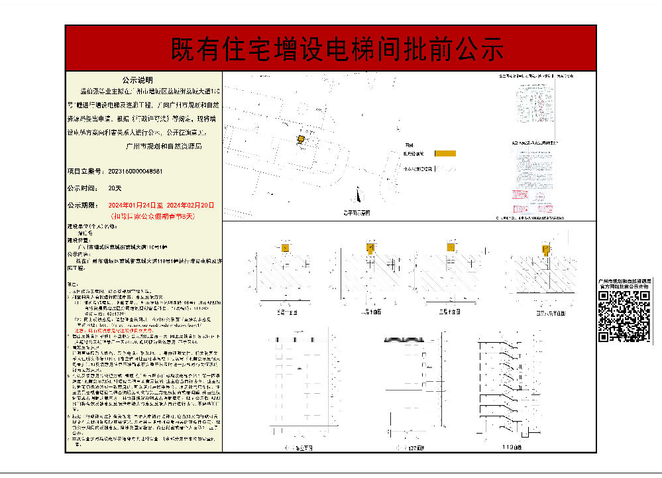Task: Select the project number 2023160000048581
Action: click(x=135, y=171)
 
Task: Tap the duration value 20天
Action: click(x=115, y=188)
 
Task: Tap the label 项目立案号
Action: click(x=84, y=171)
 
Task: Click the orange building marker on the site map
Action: click(x=301, y=139)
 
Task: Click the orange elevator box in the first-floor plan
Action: click(x=285, y=248)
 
